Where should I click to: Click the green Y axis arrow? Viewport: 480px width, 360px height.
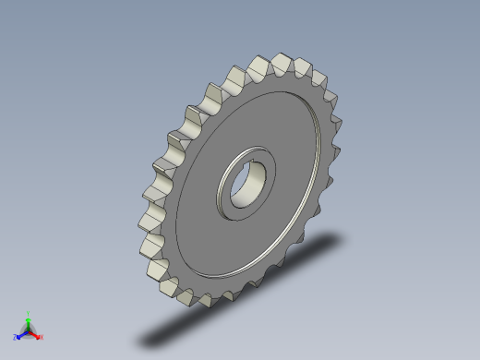[28, 320]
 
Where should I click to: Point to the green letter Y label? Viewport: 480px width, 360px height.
[28, 314]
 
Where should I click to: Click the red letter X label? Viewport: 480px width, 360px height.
[42, 338]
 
